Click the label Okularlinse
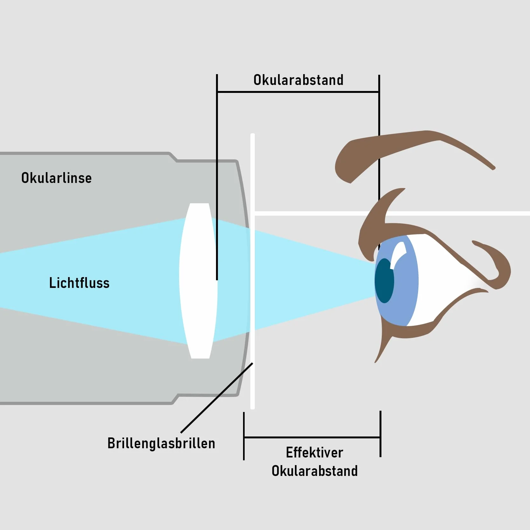[57, 178]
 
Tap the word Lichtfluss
[79, 283]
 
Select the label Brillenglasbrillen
[161, 443]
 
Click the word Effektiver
[314, 452]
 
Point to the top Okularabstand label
[298, 80]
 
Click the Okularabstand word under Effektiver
[315, 471]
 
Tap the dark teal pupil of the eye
[384, 281]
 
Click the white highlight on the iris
[398, 255]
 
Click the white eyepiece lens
[199, 281]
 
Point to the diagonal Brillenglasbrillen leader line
[217, 398]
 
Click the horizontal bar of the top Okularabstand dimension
[298, 92]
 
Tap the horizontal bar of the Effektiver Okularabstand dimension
[312, 437]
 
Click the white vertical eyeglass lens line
[253, 271]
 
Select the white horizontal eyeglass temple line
[392, 213]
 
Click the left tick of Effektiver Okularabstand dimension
[244, 436]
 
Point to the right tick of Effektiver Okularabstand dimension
[380, 434]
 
